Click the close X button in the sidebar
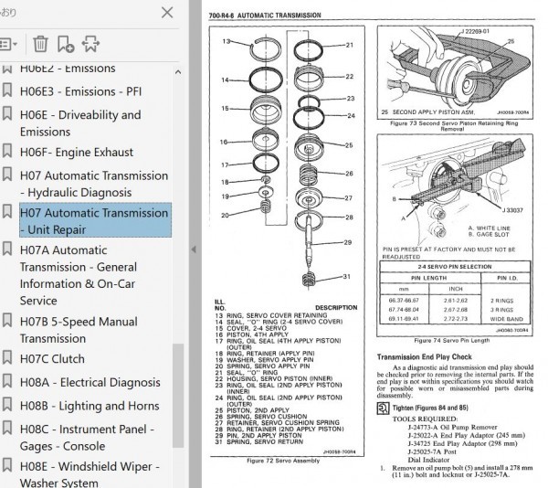[x=166, y=12]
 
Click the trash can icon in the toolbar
[x=40, y=43]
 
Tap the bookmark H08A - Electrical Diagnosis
[x=90, y=382]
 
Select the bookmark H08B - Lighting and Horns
[x=90, y=406]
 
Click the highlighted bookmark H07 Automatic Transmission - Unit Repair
[x=93, y=222]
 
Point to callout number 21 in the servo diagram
[x=348, y=44]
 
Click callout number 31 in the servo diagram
[x=348, y=278]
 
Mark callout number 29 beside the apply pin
[x=348, y=242]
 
